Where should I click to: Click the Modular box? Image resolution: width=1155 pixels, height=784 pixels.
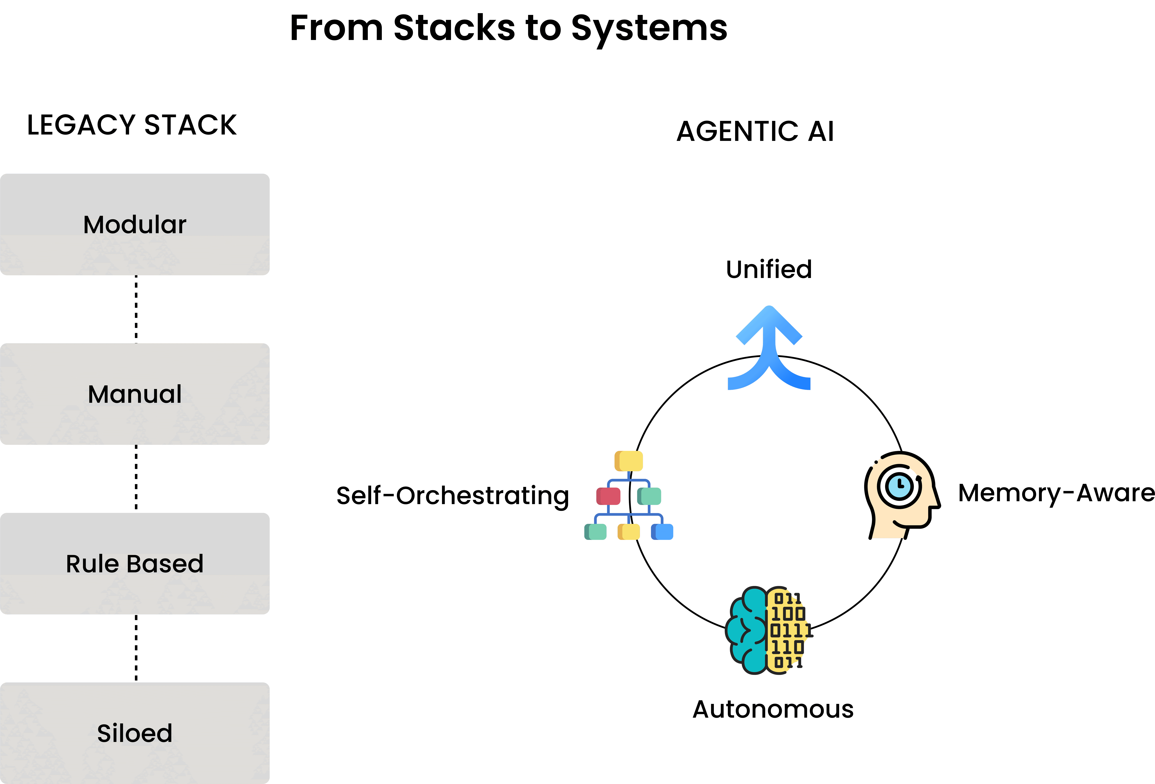pos(135,224)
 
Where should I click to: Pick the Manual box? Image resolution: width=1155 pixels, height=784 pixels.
pos(135,394)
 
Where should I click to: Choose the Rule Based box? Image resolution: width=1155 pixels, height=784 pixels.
pos(135,563)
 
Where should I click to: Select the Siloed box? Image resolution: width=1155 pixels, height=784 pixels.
pos(135,733)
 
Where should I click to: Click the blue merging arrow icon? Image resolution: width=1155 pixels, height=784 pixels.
pos(769,348)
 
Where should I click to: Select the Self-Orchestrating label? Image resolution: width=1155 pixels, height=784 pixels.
pos(452,496)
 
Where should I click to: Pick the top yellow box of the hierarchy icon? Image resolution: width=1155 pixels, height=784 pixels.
pos(629,461)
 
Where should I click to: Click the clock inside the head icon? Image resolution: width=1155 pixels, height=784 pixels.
pos(900,486)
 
